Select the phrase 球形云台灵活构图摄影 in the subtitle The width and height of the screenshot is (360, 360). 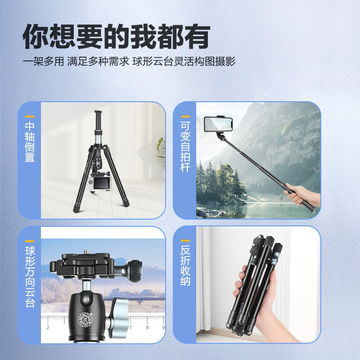tap(184, 61)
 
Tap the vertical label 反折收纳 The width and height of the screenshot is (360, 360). tap(185, 266)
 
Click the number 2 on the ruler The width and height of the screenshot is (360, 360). tap(48, 327)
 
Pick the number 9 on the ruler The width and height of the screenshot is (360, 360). tap(163, 327)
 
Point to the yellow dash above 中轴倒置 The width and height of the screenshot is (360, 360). tap(30, 116)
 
